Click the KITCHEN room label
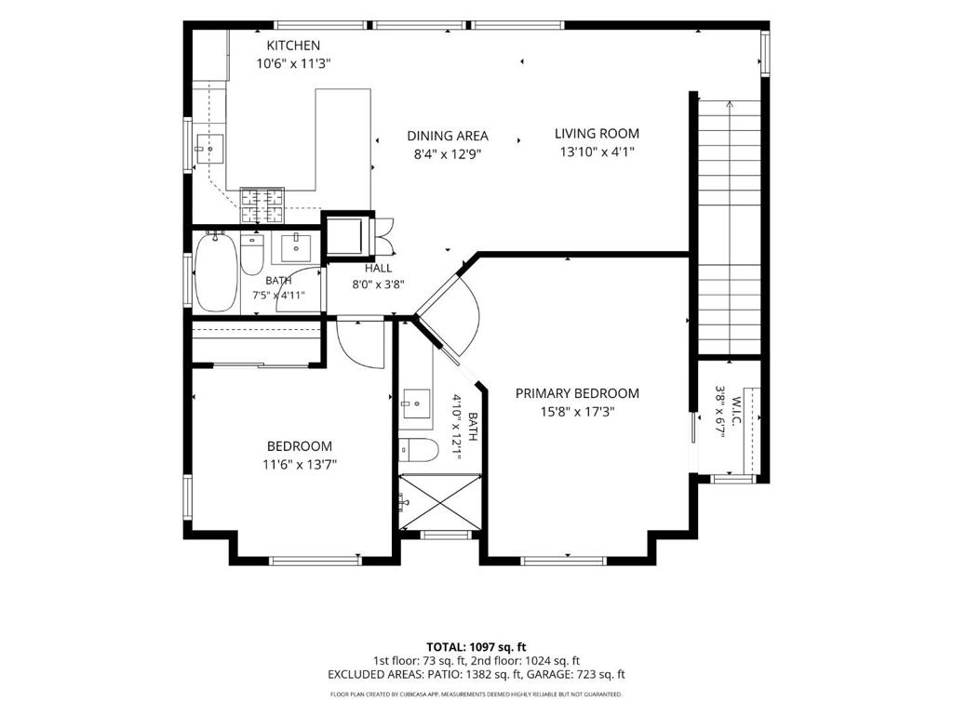293,46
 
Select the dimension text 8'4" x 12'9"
448,154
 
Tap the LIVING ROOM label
597,134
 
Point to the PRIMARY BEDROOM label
577,393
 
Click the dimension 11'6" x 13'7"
300,465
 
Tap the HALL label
379,269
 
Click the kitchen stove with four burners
262,205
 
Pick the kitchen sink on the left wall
209,149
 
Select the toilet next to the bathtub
252,254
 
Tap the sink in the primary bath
416,403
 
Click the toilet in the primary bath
420,450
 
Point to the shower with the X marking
439,501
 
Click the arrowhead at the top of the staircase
730,104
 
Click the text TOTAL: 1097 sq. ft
476,647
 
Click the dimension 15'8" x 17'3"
577,412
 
